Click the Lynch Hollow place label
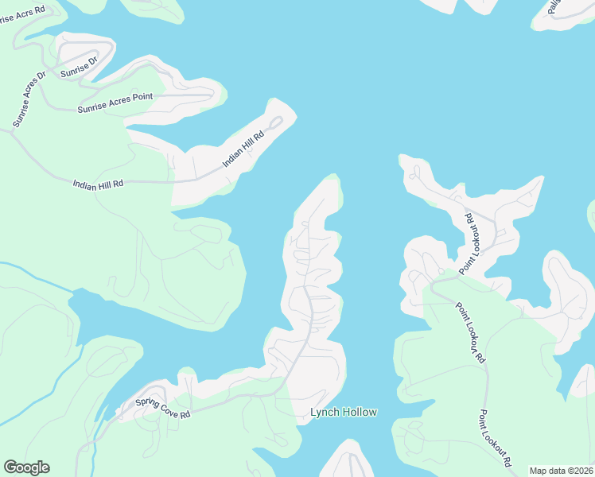click(343, 412)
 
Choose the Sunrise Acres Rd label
click(23, 14)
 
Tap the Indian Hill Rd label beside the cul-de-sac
click(243, 149)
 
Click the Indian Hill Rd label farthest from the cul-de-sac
click(98, 184)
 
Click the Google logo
click(26, 467)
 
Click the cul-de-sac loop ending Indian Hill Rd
click(275, 123)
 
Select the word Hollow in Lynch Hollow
click(358, 412)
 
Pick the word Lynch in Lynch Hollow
click(324, 412)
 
